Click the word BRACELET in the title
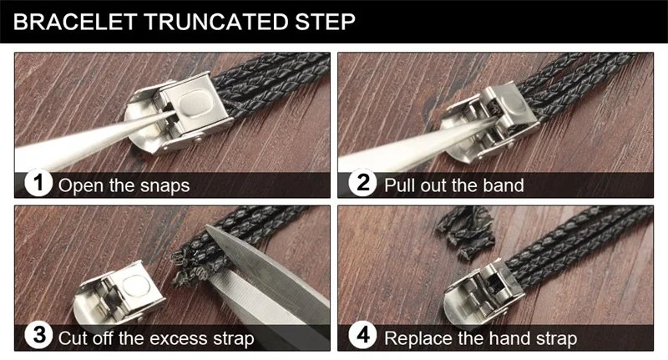tap(75, 22)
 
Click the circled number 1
tap(38, 183)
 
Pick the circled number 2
tap(362, 183)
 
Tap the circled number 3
tap(38, 336)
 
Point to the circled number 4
tap(362, 336)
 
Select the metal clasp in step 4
tap(483, 294)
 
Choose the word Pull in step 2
tap(399, 185)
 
